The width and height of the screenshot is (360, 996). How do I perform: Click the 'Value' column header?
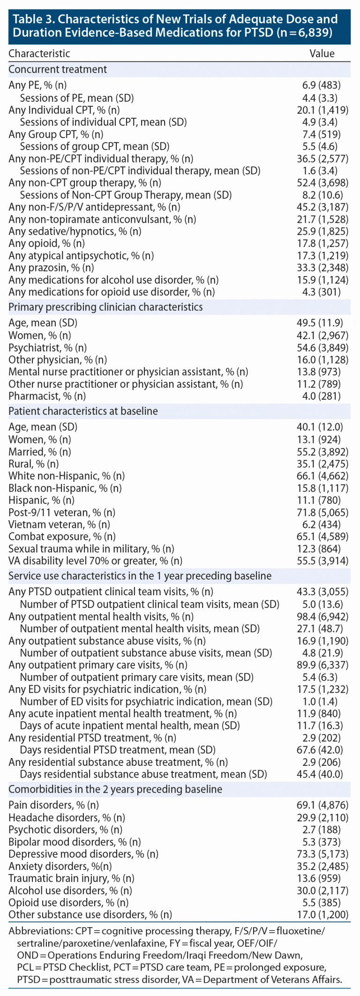point(322,53)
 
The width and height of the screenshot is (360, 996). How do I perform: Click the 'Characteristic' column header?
point(39,53)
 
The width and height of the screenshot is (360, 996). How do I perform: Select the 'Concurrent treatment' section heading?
point(58,69)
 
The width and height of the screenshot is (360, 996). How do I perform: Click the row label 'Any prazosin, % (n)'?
point(51,268)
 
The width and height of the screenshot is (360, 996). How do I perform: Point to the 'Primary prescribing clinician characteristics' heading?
point(105,307)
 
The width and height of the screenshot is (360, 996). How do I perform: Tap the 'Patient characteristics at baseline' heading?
point(83,411)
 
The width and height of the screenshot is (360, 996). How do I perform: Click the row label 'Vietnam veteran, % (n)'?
point(59,524)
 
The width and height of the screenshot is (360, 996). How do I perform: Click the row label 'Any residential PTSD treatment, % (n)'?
point(92,738)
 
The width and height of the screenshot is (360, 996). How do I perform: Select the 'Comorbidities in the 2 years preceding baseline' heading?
point(115,789)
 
